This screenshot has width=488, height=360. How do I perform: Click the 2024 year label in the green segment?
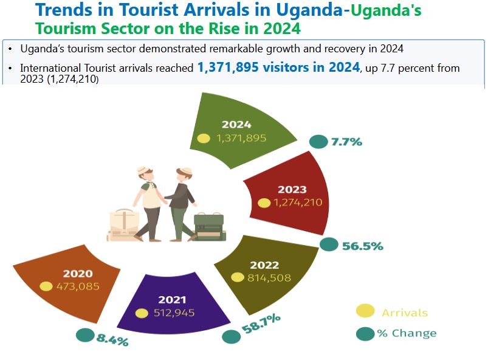click(236, 125)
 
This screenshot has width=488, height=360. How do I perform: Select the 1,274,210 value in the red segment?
click(298, 202)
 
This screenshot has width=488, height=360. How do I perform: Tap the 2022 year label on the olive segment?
click(264, 265)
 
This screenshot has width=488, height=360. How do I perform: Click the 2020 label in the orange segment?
click(78, 273)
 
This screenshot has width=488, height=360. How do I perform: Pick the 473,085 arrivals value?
click(78, 286)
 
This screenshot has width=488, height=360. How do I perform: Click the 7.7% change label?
click(346, 142)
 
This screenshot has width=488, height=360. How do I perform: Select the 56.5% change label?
click(362, 246)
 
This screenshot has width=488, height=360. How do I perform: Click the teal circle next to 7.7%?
click(318, 142)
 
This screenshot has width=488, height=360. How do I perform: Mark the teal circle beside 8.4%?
click(84, 334)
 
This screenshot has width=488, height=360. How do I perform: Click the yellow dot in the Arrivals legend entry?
click(365, 311)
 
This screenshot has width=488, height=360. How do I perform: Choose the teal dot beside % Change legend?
click(365, 333)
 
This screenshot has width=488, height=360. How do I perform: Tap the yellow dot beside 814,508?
click(238, 277)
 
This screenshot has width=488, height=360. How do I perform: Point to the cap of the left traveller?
click(143, 171)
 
